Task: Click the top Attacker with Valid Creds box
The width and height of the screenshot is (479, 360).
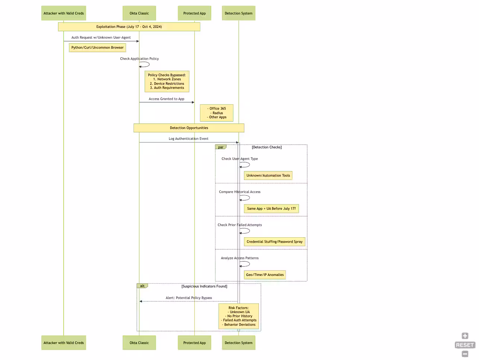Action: pyautogui.click(x=64, y=13)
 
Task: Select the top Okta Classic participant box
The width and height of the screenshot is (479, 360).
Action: pyautogui.click(x=139, y=13)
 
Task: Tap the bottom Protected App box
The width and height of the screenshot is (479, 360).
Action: pyautogui.click(x=194, y=343)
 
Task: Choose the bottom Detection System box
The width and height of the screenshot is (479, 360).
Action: pyautogui.click(x=238, y=343)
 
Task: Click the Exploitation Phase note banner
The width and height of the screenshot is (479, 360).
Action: pyautogui.click(x=129, y=27)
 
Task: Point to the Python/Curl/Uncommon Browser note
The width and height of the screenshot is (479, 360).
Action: pyautogui.click(x=97, y=48)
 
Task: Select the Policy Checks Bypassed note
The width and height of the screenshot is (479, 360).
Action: pyautogui.click(x=167, y=81)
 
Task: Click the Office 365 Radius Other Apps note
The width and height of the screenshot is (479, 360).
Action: pyautogui.click(x=216, y=113)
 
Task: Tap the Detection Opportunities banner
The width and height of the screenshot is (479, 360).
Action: pyautogui.click(x=189, y=128)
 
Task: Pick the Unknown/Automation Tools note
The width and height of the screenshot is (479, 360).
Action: pyautogui.click(x=268, y=176)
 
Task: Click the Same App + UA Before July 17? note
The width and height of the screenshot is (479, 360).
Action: pyautogui.click(x=271, y=209)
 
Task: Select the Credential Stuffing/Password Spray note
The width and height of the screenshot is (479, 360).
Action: pyautogui.click(x=274, y=242)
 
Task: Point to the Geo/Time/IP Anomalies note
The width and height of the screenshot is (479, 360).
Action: pyautogui.click(x=265, y=275)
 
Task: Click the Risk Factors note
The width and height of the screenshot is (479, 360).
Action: pyautogui.click(x=238, y=316)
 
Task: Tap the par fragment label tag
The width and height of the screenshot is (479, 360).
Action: pyautogui.click(x=221, y=147)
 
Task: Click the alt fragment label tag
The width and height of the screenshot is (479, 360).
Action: pyautogui.click(x=142, y=286)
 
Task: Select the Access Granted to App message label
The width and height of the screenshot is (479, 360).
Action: pyautogui.click(x=166, y=99)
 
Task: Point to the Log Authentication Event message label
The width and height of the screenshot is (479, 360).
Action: pyautogui.click(x=189, y=139)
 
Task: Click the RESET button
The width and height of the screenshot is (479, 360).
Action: pyautogui.click(x=464, y=345)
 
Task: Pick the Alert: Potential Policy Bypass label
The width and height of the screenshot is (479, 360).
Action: pyautogui.click(x=189, y=298)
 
